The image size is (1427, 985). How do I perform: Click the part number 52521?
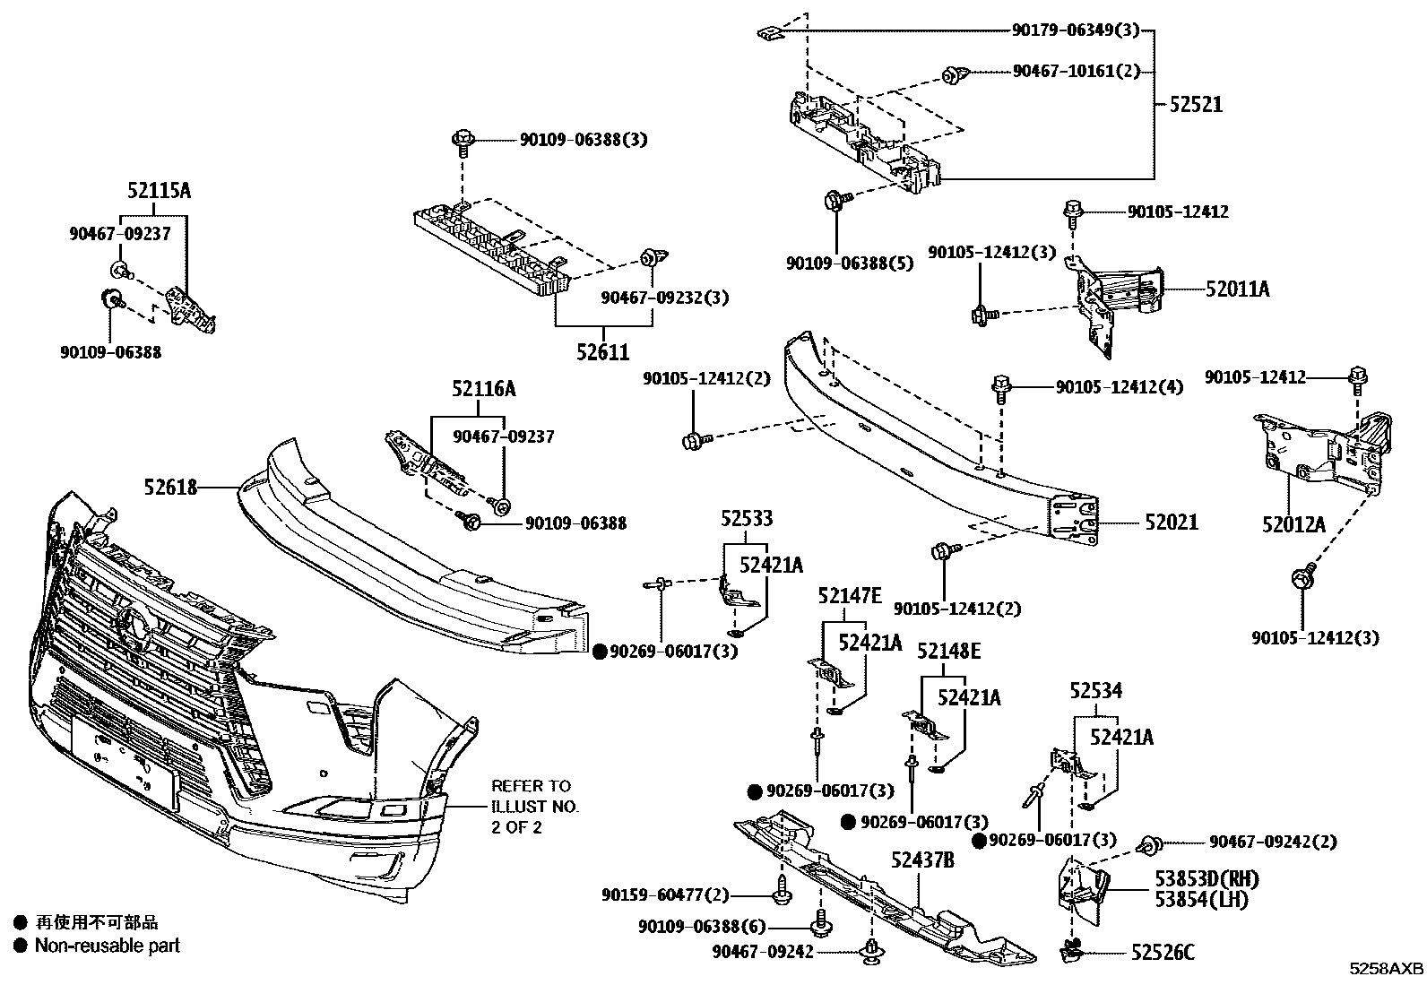[x=1195, y=104]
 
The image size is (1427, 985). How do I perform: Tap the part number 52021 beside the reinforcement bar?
[x=1171, y=522]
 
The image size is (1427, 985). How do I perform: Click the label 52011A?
[x=1237, y=289]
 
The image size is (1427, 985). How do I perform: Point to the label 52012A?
[x=1293, y=524]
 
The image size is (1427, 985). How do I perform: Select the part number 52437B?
[x=921, y=860]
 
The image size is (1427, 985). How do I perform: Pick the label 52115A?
[x=159, y=191]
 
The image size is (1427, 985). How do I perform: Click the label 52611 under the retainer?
[x=602, y=352]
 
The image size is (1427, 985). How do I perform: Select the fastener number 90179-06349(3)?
[x=1075, y=30]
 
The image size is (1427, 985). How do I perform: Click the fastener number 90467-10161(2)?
[x=1076, y=71]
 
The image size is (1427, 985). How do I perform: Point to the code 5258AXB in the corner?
[x=1388, y=969]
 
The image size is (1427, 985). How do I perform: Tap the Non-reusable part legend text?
[x=107, y=945]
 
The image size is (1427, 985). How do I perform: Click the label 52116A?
[x=483, y=389]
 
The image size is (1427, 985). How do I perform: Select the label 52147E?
[x=849, y=596]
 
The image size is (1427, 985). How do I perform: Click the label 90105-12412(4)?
[x=1119, y=387]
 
